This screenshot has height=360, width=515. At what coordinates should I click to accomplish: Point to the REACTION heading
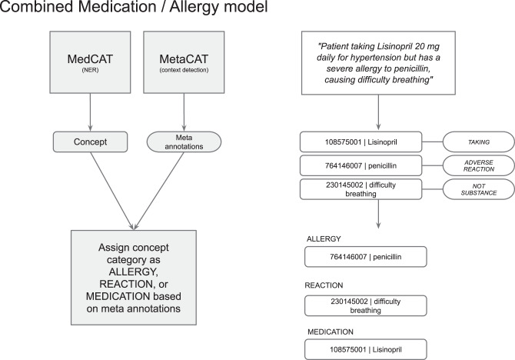pyautogui.click(x=324, y=285)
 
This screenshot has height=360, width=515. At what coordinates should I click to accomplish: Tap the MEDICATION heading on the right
pyautogui.click(x=330, y=332)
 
